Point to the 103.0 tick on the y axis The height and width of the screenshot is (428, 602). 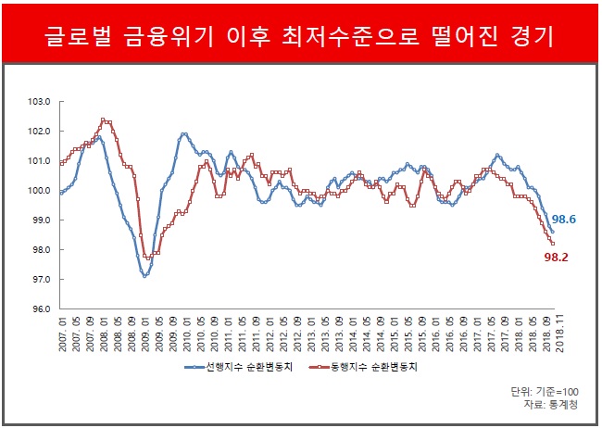click(37, 101)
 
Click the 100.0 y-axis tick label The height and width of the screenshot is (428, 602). click(37, 191)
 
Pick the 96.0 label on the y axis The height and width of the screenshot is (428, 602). click(37, 309)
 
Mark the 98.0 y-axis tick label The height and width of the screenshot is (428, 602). click(37, 250)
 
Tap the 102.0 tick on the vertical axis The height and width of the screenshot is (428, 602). click(37, 131)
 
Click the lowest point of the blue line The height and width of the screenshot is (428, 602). click(144, 276)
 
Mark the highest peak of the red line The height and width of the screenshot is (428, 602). click(103, 120)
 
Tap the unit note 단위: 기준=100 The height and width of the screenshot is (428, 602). click(531, 392)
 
